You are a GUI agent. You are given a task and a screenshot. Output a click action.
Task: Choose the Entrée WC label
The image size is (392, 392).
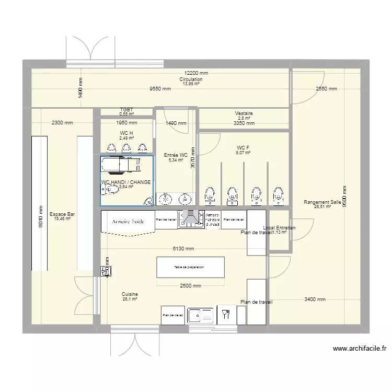click(x=175, y=155)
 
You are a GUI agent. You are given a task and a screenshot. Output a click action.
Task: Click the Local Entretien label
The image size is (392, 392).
click(x=279, y=228)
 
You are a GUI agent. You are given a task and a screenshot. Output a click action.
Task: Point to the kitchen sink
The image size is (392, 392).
click(x=201, y=315)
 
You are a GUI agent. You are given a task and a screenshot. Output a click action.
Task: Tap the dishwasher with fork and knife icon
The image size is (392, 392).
click(x=226, y=315)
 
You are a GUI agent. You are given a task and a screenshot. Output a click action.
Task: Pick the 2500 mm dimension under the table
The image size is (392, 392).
click(x=190, y=286)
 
